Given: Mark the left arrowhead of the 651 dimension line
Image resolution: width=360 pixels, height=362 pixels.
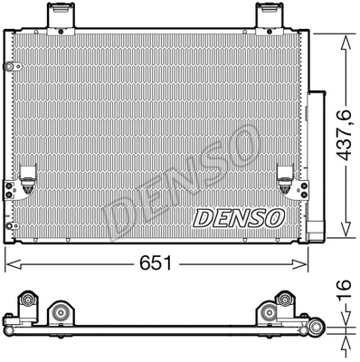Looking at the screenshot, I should point(9,262).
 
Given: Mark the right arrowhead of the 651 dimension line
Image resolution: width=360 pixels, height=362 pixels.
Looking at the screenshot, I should point(308,262).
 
